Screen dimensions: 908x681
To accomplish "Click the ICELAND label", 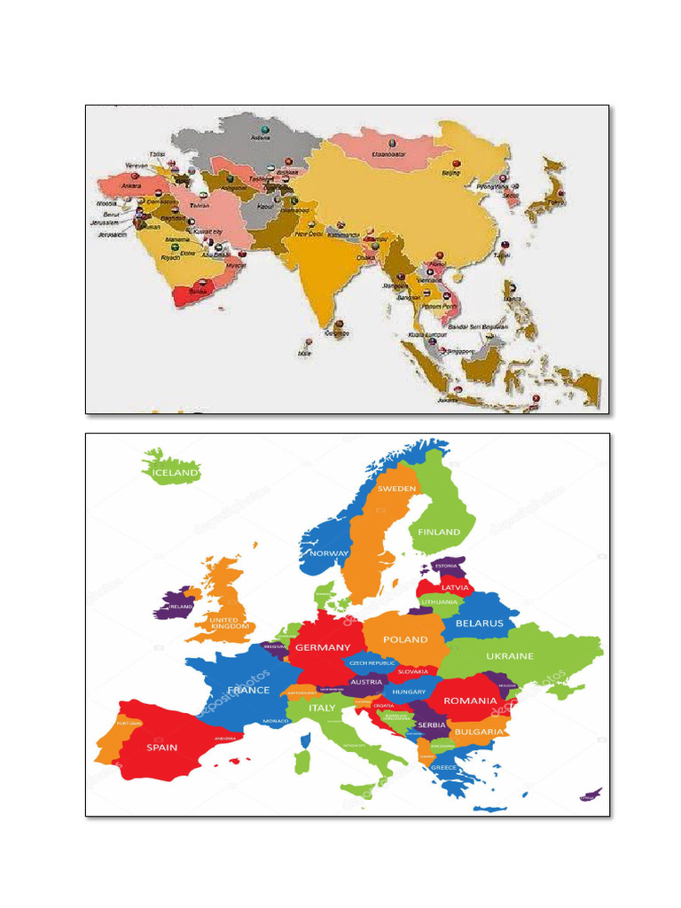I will [175, 473].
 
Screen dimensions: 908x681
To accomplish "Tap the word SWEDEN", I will [396, 489].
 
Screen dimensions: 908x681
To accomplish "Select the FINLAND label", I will [440, 532].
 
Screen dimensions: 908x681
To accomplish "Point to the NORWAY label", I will [328, 553].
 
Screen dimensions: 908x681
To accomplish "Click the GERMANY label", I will [323, 647].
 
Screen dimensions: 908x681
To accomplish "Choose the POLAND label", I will [405, 639].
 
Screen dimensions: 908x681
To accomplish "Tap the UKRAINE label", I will [510, 656].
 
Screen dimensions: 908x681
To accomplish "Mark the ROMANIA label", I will [470, 701].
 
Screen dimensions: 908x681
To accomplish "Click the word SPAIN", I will [161, 747].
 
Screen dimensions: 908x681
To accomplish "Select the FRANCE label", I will [248, 690].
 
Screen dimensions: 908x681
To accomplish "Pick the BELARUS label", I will [479, 623].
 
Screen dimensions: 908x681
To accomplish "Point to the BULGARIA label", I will [480, 732].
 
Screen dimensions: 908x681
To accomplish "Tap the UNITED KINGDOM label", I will [223, 623].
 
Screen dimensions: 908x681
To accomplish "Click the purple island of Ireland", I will [175, 604].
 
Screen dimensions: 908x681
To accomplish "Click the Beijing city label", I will [451, 174].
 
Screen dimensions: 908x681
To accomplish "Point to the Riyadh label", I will [169, 258].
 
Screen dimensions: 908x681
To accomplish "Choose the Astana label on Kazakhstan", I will [261, 137].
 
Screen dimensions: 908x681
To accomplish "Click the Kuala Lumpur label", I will [427, 334].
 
